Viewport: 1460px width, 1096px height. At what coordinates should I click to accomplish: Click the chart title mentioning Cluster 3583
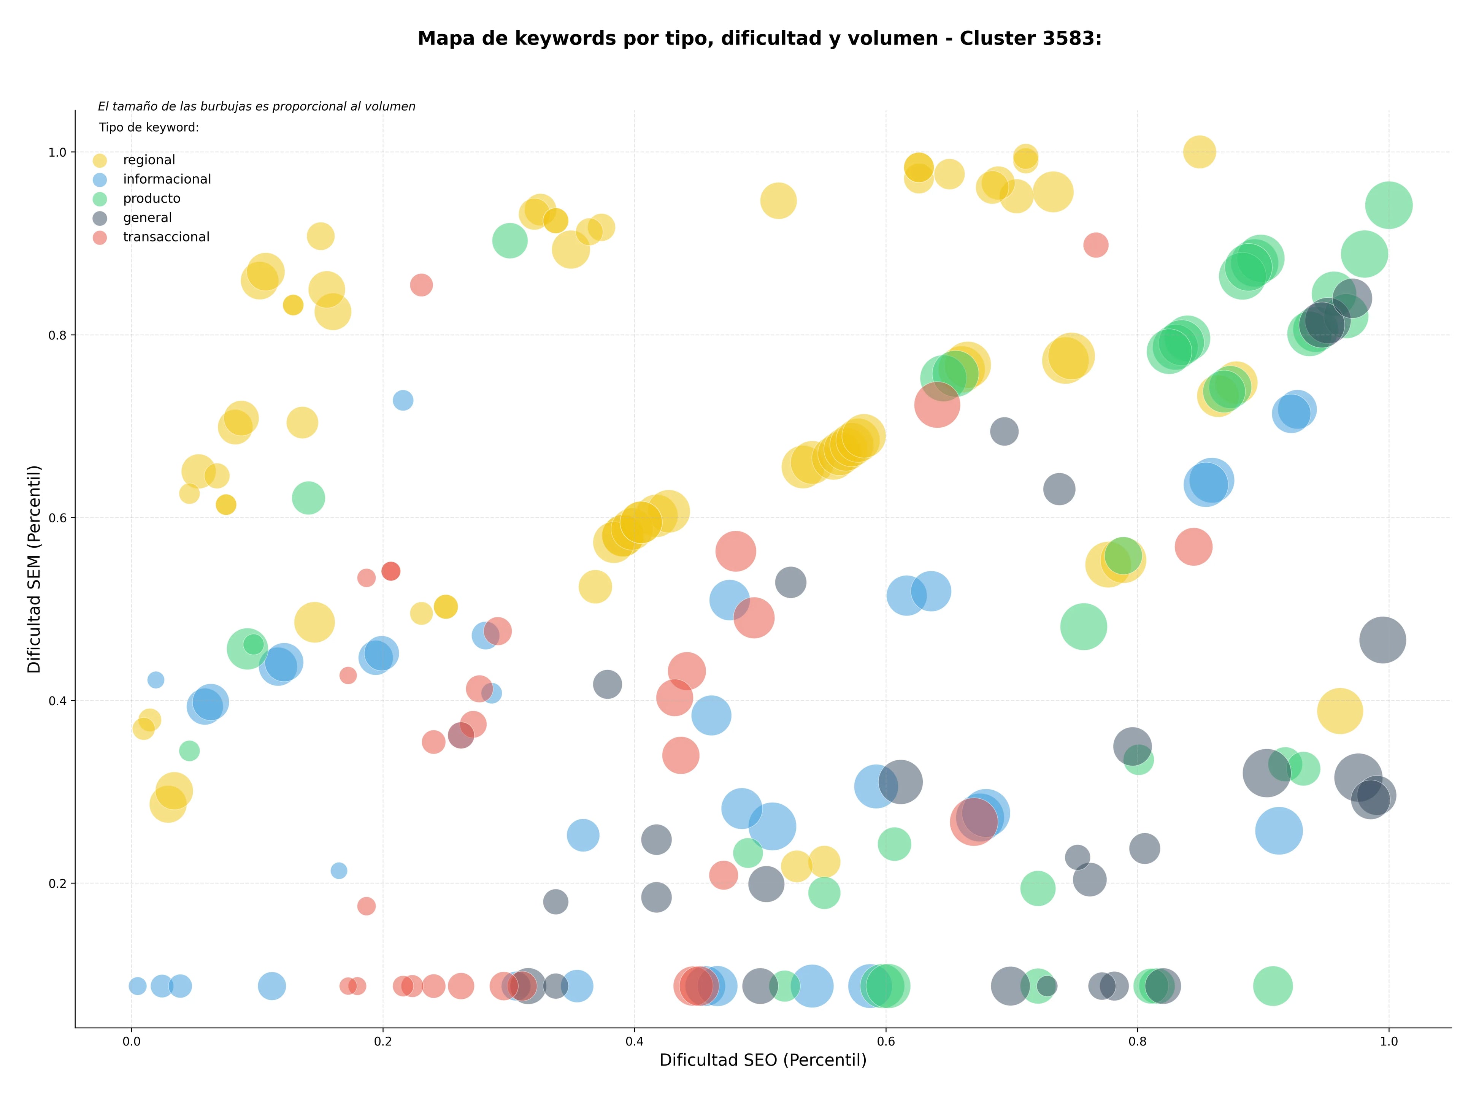click(760, 38)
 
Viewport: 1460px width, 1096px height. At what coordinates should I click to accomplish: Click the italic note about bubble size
click(257, 106)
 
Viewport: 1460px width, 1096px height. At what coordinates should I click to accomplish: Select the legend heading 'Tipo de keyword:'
click(149, 127)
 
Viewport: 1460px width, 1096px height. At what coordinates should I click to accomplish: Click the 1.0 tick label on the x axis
click(1389, 1041)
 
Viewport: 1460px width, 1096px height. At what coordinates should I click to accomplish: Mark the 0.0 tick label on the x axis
click(131, 1041)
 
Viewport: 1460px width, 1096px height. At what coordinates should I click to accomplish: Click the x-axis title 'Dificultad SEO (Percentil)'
click(763, 1060)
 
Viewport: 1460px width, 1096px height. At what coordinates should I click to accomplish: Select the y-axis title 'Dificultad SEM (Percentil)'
click(34, 569)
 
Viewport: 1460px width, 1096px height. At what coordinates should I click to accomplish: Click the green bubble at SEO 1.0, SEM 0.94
click(1389, 205)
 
